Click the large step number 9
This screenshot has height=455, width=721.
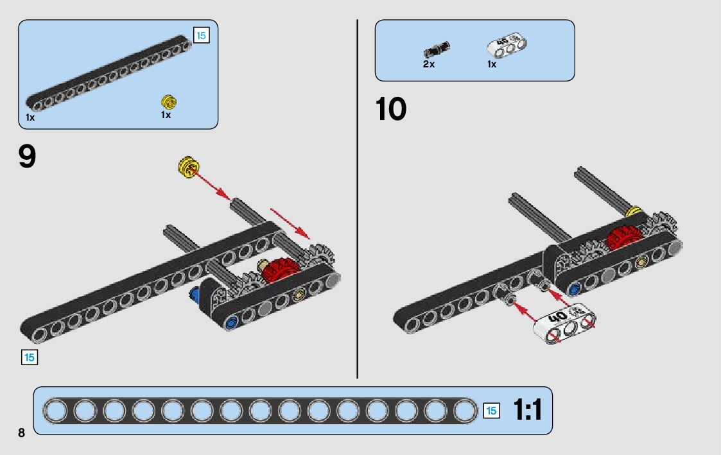coord(28,156)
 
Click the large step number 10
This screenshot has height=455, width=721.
coord(390,109)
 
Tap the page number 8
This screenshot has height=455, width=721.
coord(21,433)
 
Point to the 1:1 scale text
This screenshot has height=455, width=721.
coord(527,410)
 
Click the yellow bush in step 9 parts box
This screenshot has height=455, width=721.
coord(169,101)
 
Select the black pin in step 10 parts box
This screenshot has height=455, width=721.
coord(437,49)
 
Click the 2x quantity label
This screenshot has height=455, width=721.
coord(428,64)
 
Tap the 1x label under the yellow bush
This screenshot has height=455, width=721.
coord(166,115)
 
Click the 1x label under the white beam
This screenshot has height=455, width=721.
coord(491,64)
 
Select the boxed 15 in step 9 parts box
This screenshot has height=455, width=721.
coord(201,35)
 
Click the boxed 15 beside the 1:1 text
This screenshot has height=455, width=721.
coord(491,411)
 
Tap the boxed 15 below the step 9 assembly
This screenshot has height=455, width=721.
coord(30,357)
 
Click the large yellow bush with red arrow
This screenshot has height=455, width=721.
coord(187,167)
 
